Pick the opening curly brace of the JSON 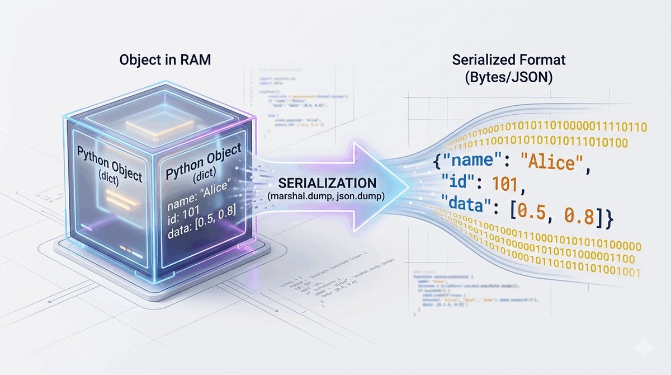[437, 164]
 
